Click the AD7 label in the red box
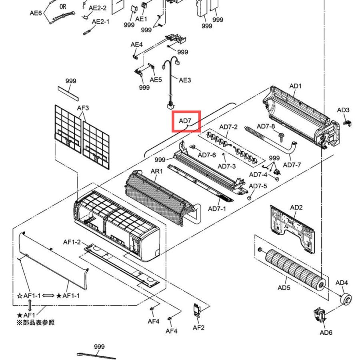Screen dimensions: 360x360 [185, 120]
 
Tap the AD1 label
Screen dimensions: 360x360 [295, 86]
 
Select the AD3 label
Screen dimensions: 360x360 [343, 110]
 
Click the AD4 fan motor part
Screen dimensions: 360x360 [346, 299]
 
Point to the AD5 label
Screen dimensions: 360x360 [284, 288]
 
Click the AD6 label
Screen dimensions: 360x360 [326, 332]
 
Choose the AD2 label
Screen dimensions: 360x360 [296, 207]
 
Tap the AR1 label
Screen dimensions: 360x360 [156, 171]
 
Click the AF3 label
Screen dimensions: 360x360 [83, 108]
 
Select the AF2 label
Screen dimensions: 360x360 [198, 328]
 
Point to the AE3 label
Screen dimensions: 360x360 [185, 80]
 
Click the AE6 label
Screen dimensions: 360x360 [36, 13]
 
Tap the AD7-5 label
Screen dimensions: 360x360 [258, 186]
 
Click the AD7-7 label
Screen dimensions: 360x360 [292, 165]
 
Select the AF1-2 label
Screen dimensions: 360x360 [72, 242]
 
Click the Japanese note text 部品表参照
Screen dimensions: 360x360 [38, 322]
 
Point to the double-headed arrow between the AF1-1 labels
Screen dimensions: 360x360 [48, 296]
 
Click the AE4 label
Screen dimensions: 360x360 [137, 44]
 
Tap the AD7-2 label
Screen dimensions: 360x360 [228, 127]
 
